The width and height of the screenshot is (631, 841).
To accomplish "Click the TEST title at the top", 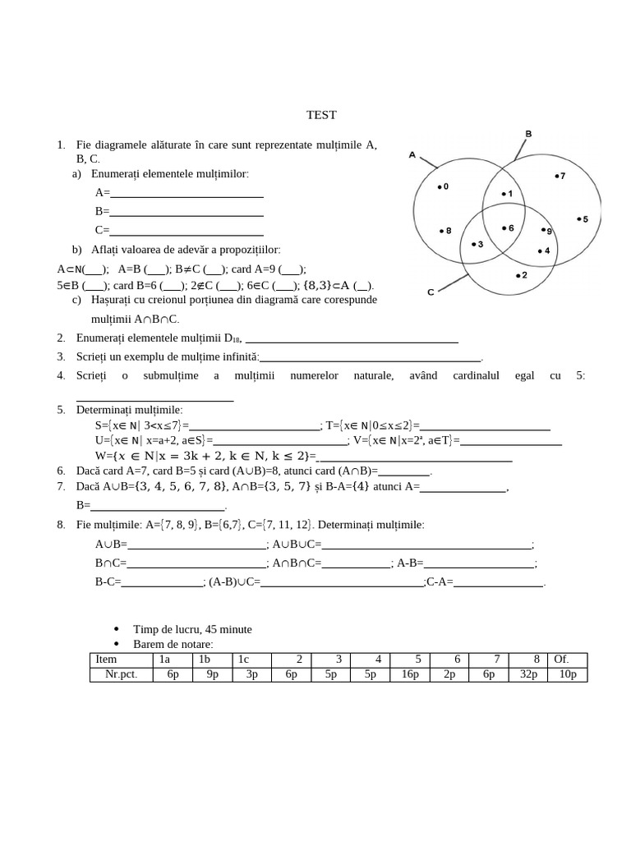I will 321,115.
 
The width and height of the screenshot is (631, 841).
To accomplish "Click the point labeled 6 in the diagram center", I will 506,228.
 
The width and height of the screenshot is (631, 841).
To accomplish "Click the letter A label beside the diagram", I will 412,154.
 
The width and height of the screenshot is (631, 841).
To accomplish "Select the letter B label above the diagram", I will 528,133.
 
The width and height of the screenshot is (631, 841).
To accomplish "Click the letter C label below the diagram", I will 431,292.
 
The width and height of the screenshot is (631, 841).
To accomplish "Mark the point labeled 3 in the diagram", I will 477,244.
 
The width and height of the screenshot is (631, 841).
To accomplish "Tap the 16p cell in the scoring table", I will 410,674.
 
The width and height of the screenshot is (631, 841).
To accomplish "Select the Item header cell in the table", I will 106,659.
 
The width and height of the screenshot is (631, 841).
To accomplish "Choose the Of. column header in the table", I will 562,659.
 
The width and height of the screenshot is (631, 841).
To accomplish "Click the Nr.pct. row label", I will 121,674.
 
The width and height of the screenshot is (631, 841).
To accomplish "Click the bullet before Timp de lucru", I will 116,629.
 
